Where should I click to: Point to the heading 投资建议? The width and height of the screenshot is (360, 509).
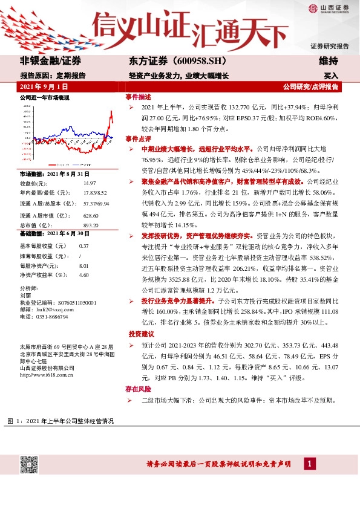point(140,334)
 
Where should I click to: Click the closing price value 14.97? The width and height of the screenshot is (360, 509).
point(90,183)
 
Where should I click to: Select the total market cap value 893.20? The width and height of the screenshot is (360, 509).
point(91,224)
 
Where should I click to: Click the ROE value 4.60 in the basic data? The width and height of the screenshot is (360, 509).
point(84,274)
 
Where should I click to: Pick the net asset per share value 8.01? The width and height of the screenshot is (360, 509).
point(84,265)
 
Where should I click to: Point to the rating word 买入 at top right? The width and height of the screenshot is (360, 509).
point(331,77)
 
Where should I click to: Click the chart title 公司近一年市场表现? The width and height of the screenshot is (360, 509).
point(45,97)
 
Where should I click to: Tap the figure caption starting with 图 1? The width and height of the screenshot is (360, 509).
point(60,420)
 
